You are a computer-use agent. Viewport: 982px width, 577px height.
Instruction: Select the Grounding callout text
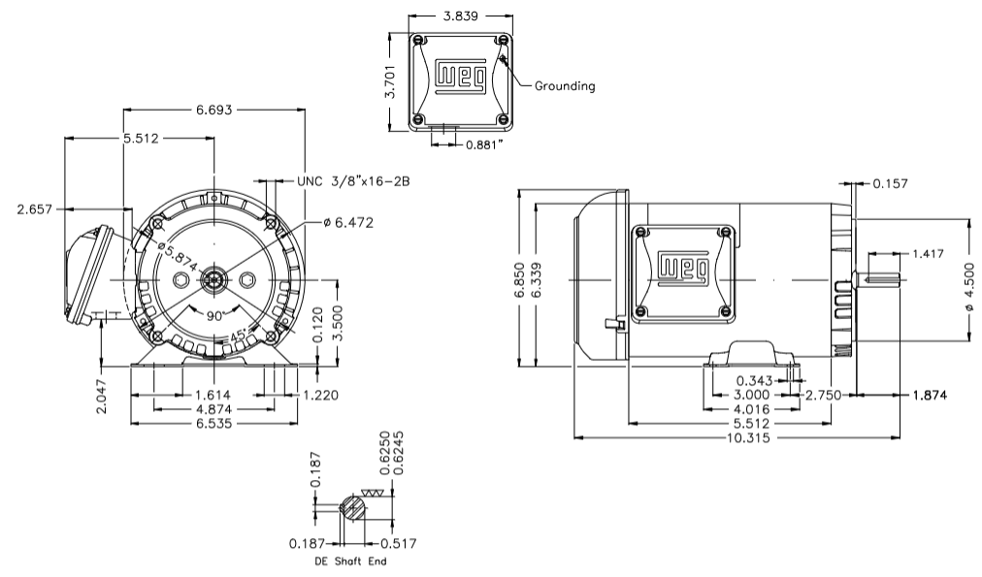(x=565, y=86)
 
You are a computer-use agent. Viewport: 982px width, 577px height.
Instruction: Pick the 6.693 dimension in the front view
(x=213, y=111)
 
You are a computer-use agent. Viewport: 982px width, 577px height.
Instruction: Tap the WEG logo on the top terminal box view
(x=459, y=77)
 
